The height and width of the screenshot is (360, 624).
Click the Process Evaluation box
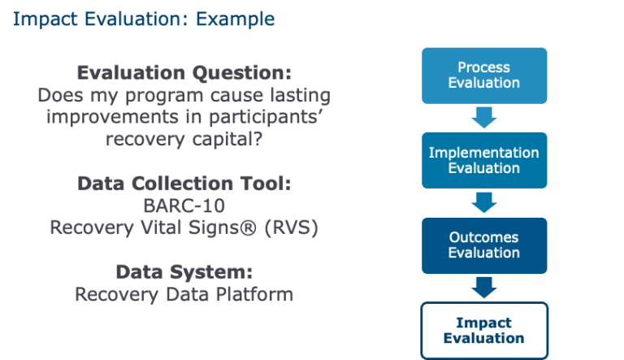pos(483,75)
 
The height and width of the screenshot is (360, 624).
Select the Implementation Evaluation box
pos(483,160)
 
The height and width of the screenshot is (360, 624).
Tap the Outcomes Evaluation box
pos(483,245)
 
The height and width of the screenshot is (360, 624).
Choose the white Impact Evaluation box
pos(483,330)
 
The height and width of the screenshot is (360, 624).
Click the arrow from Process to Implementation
pos(483,118)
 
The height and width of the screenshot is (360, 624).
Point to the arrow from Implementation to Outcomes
pos(483,202)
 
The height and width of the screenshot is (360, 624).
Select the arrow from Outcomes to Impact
pos(483,287)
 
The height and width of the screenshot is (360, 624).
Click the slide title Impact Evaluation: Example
pos(143,18)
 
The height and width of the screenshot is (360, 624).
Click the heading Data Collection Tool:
pos(184,184)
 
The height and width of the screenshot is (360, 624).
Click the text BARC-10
pos(184,206)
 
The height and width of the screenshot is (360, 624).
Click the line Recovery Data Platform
pos(184,294)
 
